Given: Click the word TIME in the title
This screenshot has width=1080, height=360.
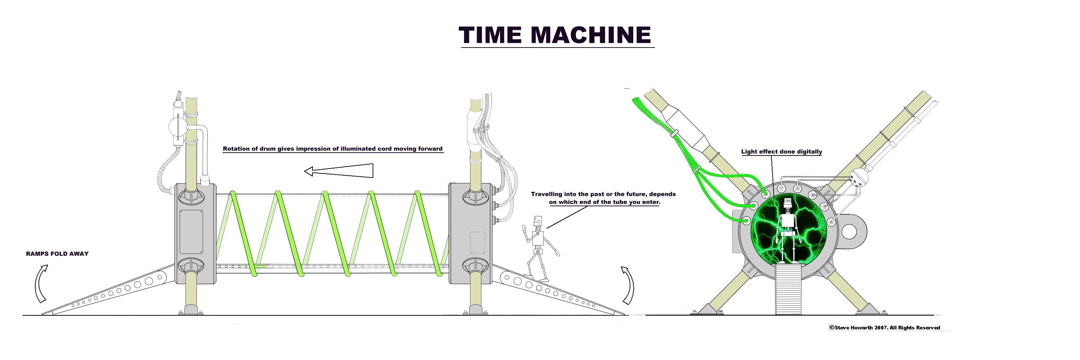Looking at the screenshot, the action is tap(491, 35).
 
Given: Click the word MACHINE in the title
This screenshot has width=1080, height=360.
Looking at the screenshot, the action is tap(591, 35).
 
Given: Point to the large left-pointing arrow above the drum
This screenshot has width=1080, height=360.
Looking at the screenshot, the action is tap(338, 171).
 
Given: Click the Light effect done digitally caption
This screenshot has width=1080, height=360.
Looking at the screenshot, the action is tap(782, 152).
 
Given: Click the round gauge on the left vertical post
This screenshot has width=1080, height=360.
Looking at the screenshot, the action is tap(177, 127).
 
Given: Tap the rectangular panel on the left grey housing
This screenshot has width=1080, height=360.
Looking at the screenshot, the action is tap(192, 232).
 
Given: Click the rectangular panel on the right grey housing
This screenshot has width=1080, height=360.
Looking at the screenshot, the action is tap(477, 243).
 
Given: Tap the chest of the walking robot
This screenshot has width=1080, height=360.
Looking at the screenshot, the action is tap(537, 238).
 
